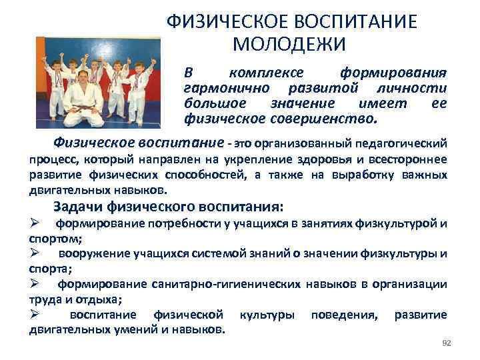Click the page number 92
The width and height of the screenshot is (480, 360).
tap(447, 343)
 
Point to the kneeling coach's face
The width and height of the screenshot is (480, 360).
tap(83, 77)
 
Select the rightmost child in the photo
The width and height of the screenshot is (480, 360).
tap(139, 90)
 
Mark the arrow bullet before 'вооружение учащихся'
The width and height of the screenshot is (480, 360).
tap(37, 254)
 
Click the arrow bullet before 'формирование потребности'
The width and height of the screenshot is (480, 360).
tap(37, 223)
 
